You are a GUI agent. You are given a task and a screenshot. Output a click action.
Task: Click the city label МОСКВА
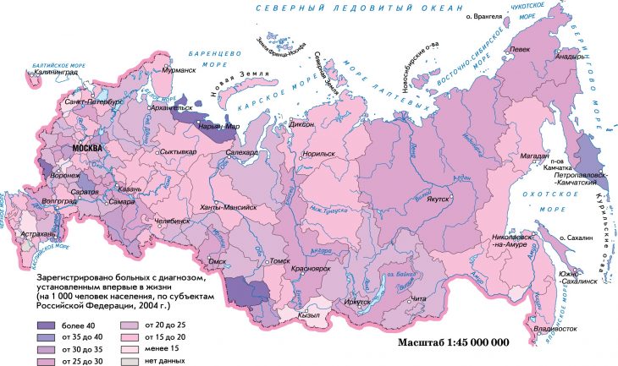coord(88,148)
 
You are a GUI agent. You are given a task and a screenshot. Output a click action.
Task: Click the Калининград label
coord(57,73)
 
